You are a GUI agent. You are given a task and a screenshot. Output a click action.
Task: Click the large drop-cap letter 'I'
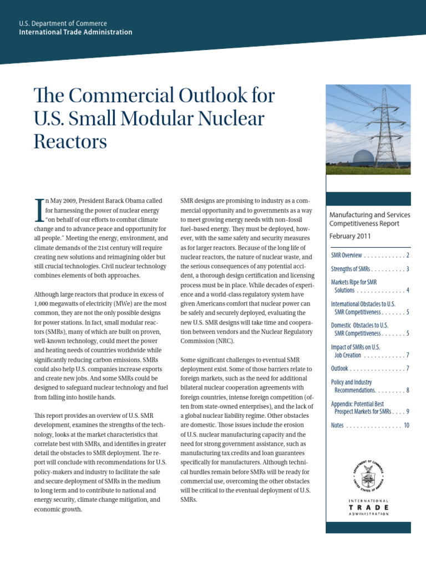[39, 208]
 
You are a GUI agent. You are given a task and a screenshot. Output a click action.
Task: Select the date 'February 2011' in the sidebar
[351, 236]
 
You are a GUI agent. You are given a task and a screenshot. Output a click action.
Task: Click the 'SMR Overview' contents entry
[347, 255]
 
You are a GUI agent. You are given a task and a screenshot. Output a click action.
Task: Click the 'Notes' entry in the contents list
[338, 425]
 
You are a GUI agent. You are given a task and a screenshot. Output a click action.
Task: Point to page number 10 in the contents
[406, 425]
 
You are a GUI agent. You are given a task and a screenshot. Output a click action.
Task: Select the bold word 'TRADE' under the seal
[368, 507]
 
